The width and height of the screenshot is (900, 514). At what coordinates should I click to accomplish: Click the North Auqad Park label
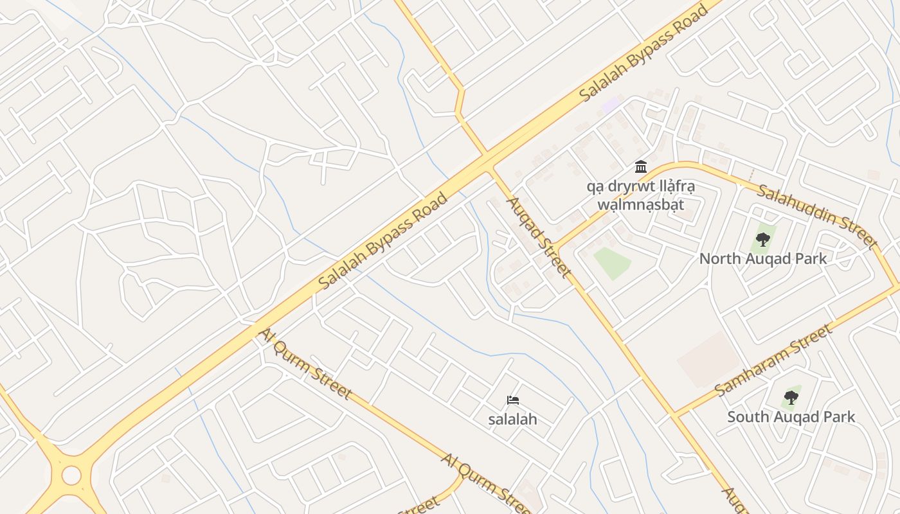(x=762, y=259)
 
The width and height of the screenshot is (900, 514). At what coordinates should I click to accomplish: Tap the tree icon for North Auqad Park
(x=763, y=240)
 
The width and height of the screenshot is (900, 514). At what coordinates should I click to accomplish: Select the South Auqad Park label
(x=791, y=417)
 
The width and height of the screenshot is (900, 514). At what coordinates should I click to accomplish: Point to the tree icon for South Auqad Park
(x=791, y=398)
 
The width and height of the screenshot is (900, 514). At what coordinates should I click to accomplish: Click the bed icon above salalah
(x=512, y=400)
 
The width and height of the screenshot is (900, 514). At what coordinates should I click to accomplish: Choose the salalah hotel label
(x=512, y=420)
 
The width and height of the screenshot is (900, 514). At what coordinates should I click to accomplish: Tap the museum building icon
(x=640, y=167)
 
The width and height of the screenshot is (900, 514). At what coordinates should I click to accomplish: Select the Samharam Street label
(x=773, y=360)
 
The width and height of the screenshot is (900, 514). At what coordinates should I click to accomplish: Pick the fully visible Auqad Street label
(x=539, y=237)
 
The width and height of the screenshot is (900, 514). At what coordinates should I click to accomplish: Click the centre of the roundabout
(x=71, y=475)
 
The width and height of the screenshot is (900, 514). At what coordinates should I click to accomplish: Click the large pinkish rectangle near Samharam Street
(x=710, y=359)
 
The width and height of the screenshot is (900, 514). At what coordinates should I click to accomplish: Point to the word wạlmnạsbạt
(x=640, y=205)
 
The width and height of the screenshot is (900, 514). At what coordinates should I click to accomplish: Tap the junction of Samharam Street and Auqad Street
(x=676, y=414)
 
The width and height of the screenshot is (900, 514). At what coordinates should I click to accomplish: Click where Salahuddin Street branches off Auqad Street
(x=557, y=248)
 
